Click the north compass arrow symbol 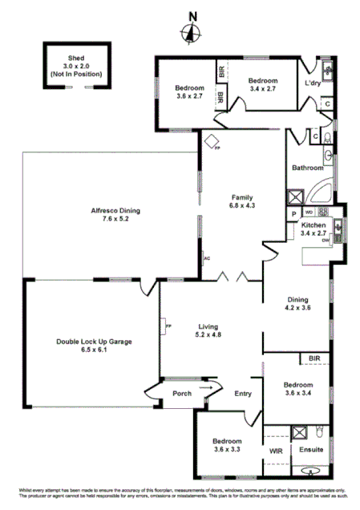[191, 31]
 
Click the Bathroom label [307, 168]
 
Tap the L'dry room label [313, 83]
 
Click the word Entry [243, 394]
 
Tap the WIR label [276, 451]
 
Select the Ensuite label [311, 451]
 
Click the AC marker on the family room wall [207, 258]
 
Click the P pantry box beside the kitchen [293, 212]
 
